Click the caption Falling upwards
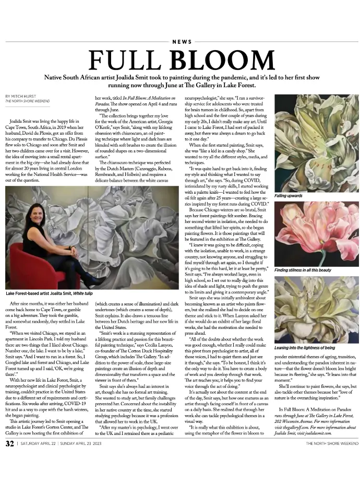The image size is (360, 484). pos(288,195)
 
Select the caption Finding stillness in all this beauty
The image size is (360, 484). pos(303,270)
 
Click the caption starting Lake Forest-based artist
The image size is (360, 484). pos(49,294)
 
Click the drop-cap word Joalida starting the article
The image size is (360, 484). pos(18,105)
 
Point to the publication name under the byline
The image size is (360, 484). pos(24,101)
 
